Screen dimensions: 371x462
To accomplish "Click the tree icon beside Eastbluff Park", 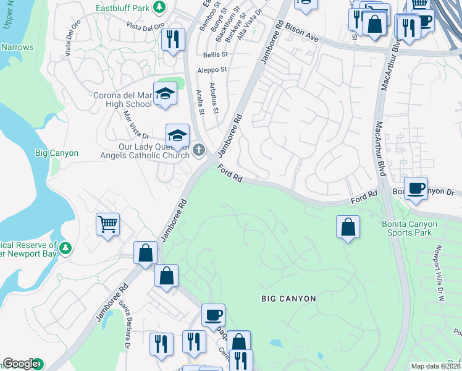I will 159,7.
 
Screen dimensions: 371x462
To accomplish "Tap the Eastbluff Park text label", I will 122,8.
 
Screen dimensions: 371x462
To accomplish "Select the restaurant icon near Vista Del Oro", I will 173,40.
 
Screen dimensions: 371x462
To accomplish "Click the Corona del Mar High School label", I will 122,100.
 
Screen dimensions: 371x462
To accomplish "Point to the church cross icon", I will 199,150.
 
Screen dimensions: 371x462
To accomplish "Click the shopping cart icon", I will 107,224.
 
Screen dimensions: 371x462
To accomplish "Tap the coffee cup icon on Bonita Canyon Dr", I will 416,188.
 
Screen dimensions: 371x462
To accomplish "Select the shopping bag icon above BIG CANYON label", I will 348,227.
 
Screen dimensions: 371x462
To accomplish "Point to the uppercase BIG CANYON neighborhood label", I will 288,299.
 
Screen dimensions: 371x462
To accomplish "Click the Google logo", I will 20,364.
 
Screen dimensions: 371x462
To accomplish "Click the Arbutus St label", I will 214,98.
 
